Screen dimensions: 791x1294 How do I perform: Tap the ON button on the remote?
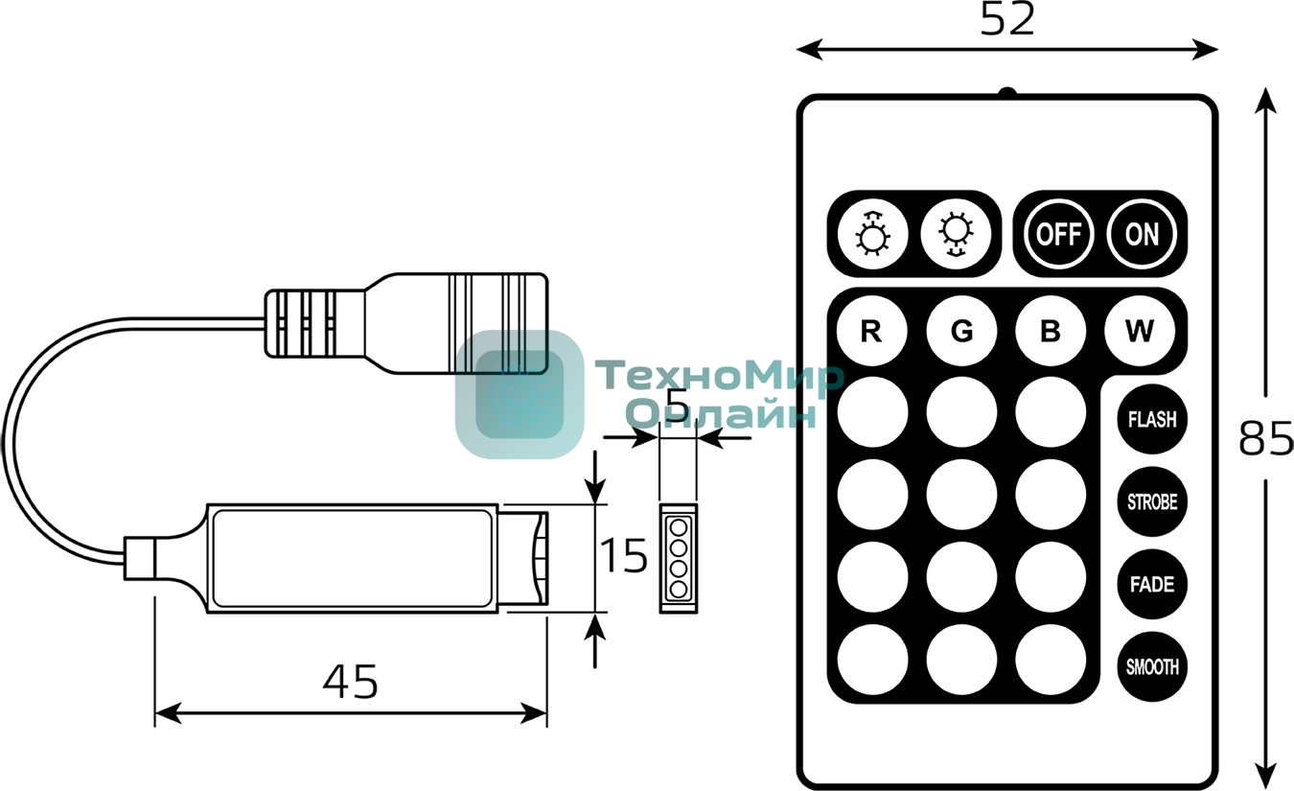pos(1142,234)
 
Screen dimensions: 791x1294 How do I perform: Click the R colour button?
pos(871,332)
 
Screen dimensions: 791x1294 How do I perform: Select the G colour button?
pos(961,332)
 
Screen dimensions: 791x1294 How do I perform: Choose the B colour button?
pos(1051,332)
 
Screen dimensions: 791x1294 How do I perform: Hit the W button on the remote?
pos(1140,332)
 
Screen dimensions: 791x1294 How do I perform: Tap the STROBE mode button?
pos(1151,501)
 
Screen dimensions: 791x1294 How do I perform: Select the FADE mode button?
pos(1151,584)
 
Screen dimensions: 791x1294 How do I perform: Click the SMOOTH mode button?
pos(1151,666)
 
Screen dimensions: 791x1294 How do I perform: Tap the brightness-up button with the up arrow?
pos(871,234)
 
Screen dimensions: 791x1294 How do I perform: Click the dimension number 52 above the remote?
pos(1007,19)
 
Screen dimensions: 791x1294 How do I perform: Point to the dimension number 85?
pos(1265,438)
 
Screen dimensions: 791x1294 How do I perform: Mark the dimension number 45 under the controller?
pos(350,681)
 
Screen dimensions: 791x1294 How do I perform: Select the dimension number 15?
pos(624,556)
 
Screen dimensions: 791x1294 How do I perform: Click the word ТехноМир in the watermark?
pos(719,376)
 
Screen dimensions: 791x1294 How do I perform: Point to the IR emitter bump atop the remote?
pos(1006,93)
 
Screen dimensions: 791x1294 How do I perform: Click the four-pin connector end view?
pos(679,556)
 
